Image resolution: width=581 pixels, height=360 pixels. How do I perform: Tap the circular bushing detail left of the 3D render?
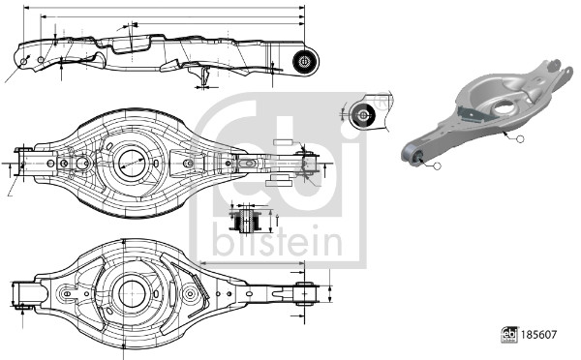coord(364,114)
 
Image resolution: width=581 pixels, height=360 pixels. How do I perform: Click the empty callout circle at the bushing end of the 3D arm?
coord(437,166)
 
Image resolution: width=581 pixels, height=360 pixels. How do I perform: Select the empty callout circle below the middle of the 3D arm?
coord(519,141)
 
